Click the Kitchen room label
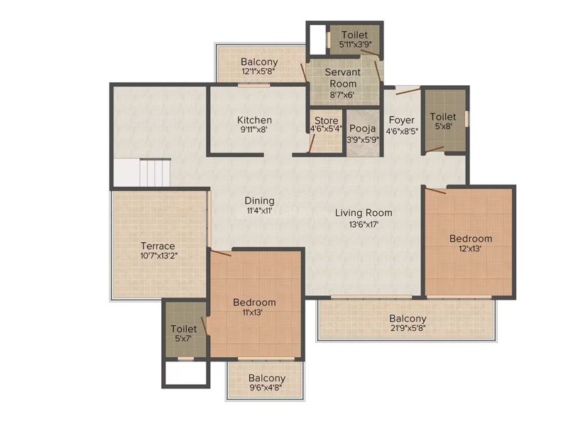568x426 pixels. pos(254,120)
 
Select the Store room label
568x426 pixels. pos(327,120)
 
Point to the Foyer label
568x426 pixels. pos(401,120)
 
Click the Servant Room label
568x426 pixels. pos(343,77)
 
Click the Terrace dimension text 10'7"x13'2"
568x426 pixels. pos(157,256)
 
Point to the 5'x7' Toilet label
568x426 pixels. pos(183,329)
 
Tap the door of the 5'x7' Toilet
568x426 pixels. pos(204,325)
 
